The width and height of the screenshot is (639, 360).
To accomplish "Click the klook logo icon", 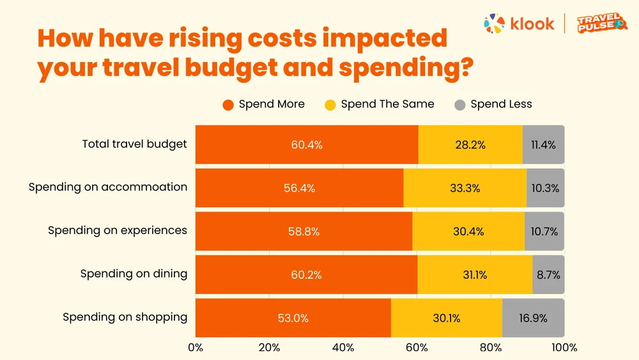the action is (x=495, y=23).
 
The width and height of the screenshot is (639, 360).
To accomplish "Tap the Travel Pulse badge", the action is (x=602, y=23).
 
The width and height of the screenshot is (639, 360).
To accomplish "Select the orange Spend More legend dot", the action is (x=228, y=105).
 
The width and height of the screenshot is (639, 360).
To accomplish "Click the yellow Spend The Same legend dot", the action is (x=330, y=105).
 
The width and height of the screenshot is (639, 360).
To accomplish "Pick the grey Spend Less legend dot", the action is (x=459, y=105).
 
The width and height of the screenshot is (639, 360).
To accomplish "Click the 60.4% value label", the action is (x=307, y=145).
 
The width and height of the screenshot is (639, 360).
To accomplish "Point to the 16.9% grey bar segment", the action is (x=534, y=318).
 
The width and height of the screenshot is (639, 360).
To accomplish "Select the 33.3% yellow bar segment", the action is (x=465, y=188).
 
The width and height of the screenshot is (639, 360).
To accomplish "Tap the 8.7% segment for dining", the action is (x=548, y=275).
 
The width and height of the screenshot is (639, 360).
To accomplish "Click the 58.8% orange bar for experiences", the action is (x=304, y=231).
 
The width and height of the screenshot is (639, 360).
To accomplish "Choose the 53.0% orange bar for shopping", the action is (x=293, y=318).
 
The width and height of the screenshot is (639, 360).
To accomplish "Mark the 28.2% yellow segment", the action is (x=470, y=145).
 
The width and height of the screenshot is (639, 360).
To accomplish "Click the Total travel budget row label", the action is (x=134, y=145).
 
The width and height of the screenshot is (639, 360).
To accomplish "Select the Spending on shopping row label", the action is (x=125, y=317).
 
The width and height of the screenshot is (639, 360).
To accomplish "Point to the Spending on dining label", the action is (x=134, y=274).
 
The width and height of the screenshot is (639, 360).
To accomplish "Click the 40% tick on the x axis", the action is (x=343, y=347).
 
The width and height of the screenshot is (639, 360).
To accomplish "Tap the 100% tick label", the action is (x=564, y=347).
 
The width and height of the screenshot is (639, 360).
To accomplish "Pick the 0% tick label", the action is (x=196, y=347).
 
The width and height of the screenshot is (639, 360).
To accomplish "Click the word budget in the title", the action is (x=231, y=68).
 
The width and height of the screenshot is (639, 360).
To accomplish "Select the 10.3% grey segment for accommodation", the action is (x=545, y=188).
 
